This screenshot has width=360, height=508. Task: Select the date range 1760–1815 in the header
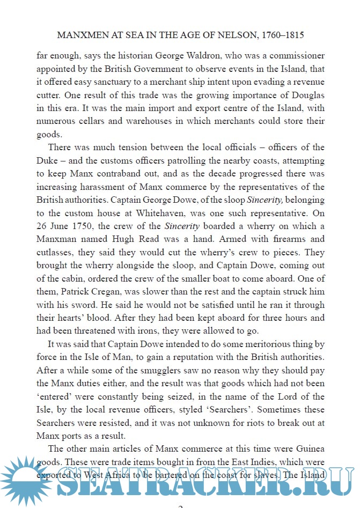283,36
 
